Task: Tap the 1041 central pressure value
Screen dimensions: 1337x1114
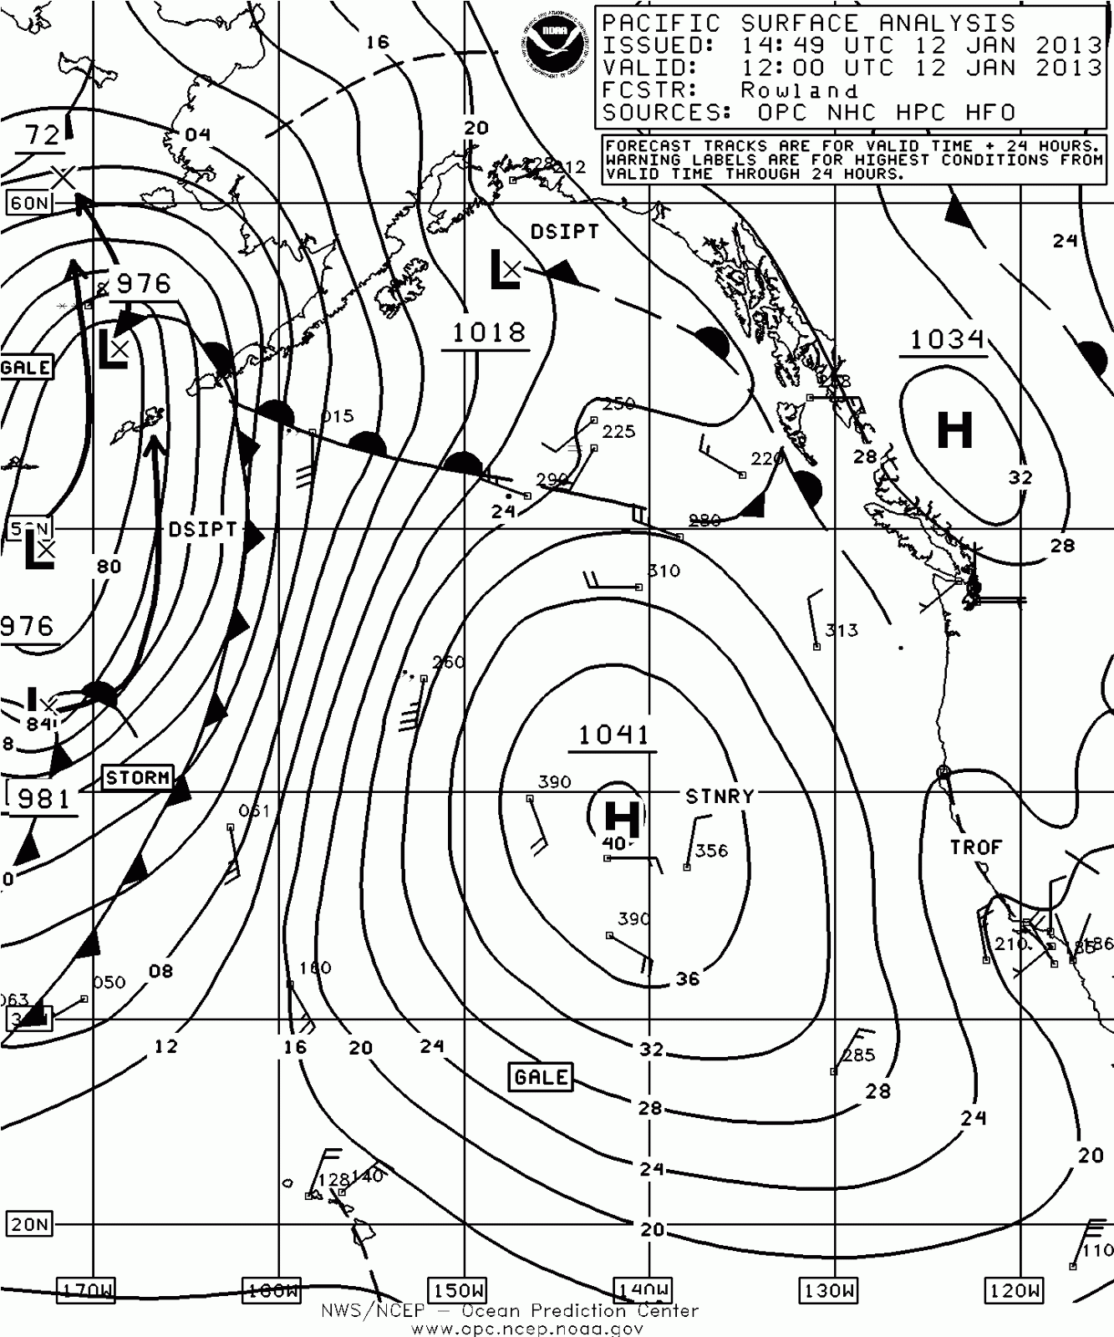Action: click(613, 735)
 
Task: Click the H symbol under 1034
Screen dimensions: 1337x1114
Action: click(954, 431)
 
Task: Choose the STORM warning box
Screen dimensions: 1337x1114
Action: click(138, 777)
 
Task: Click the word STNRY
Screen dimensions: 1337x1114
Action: click(720, 796)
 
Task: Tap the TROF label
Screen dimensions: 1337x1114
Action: click(975, 847)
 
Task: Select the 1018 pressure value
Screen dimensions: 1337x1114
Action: click(489, 333)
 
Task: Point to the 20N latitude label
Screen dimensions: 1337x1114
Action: click(29, 1224)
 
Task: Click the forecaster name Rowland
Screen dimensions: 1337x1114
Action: click(799, 90)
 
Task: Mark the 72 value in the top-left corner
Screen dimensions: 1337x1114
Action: click(42, 135)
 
